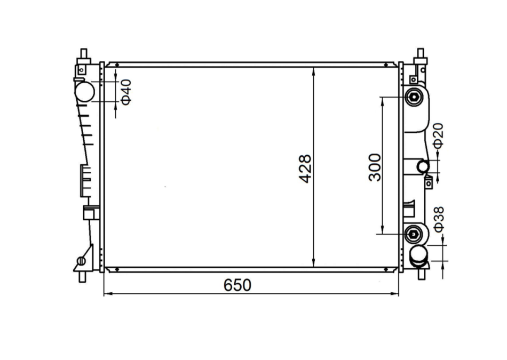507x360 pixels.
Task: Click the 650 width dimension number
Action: point(237,285)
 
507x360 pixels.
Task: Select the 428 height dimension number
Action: point(306,169)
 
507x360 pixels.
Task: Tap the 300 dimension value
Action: point(375,167)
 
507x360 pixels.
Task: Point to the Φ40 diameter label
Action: point(126,91)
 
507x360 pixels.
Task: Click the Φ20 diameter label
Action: point(438,137)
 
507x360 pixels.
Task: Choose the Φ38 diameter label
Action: point(438,219)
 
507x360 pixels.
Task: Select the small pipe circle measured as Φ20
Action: point(423,166)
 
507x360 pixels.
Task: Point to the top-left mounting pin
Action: point(83,55)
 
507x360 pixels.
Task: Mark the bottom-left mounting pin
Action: point(82,276)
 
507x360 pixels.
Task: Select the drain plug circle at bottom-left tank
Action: point(81,261)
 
